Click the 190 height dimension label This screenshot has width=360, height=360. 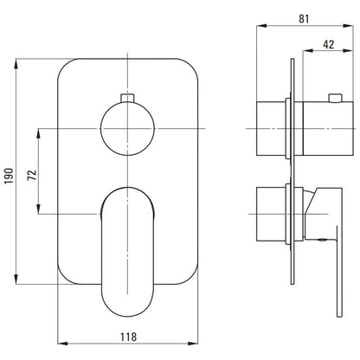tap(9, 176)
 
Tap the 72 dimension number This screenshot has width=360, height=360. tap(32, 175)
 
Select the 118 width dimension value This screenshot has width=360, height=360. tap(128, 337)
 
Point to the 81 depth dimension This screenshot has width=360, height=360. tap(304, 19)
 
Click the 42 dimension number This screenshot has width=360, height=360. tap(329, 44)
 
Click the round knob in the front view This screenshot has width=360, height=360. tap(127, 128)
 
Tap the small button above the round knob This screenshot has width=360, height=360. tap(127, 98)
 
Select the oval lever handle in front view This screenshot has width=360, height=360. tap(127, 252)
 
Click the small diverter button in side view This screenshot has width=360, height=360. tap(335, 98)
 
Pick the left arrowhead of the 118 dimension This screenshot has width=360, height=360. tap(62, 344)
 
